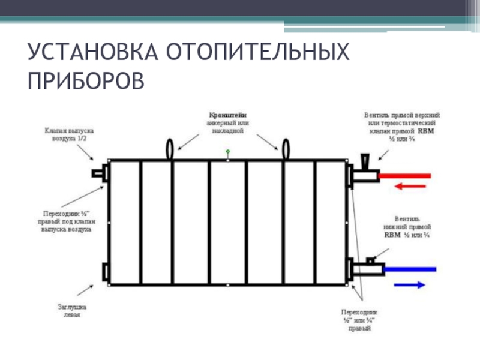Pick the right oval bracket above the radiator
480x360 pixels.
click(x=286, y=148)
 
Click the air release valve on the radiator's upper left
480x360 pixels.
click(x=97, y=173)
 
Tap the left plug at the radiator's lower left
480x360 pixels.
click(x=106, y=272)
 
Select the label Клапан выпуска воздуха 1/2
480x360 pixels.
click(x=67, y=134)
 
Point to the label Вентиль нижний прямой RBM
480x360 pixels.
click(x=403, y=227)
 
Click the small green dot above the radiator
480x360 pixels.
click(x=228, y=151)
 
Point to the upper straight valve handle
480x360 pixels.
click(x=365, y=161)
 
